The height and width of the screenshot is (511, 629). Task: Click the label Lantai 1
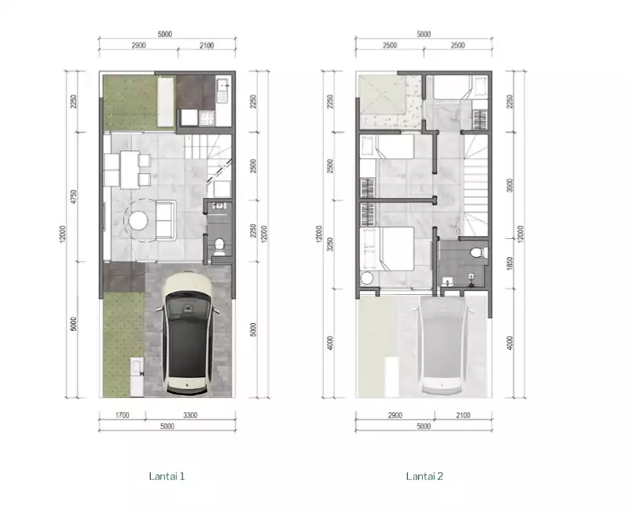pyautogui.click(x=167, y=476)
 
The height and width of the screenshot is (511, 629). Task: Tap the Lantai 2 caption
pyautogui.click(x=425, y=476)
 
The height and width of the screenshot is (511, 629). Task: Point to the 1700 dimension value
pyautogui.click(x=123, y=416)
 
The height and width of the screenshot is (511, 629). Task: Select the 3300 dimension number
pyautogui.click(x=190, y=416)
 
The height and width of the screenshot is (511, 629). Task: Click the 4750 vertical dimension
pyautogui.click(x=73, y=197)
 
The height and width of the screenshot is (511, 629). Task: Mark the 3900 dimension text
pyautogui.click(x=509, y=186)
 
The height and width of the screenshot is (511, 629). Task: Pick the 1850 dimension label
pyautogui.click(x=509, y=263)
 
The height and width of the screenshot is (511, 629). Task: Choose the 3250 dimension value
pyautogui.click(x=330, y=244)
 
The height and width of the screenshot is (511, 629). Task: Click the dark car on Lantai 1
pyautogui.click(x=187, y=333)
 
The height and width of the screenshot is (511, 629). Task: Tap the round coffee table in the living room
pyautogui.click(x=138, y=221)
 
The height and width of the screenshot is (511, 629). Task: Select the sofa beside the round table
pyautogui.click(x=166, y=220)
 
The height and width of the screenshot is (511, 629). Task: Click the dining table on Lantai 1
pyautogui.click(x=130, y=169)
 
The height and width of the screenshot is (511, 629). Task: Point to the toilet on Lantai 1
pyautogui.click(x=219, y=247)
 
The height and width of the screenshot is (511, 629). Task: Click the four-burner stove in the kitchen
pyautogui.click(x=207, y=118)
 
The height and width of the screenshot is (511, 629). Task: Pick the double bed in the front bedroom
pyautogui.click(x=387, y=248)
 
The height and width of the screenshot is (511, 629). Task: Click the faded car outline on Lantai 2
pyautogui.click(x=441, y=345)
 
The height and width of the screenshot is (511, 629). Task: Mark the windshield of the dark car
pyautogui.click(x=188, y=307)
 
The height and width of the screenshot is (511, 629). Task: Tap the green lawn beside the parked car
pyautogui.click(x=123, y=344)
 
